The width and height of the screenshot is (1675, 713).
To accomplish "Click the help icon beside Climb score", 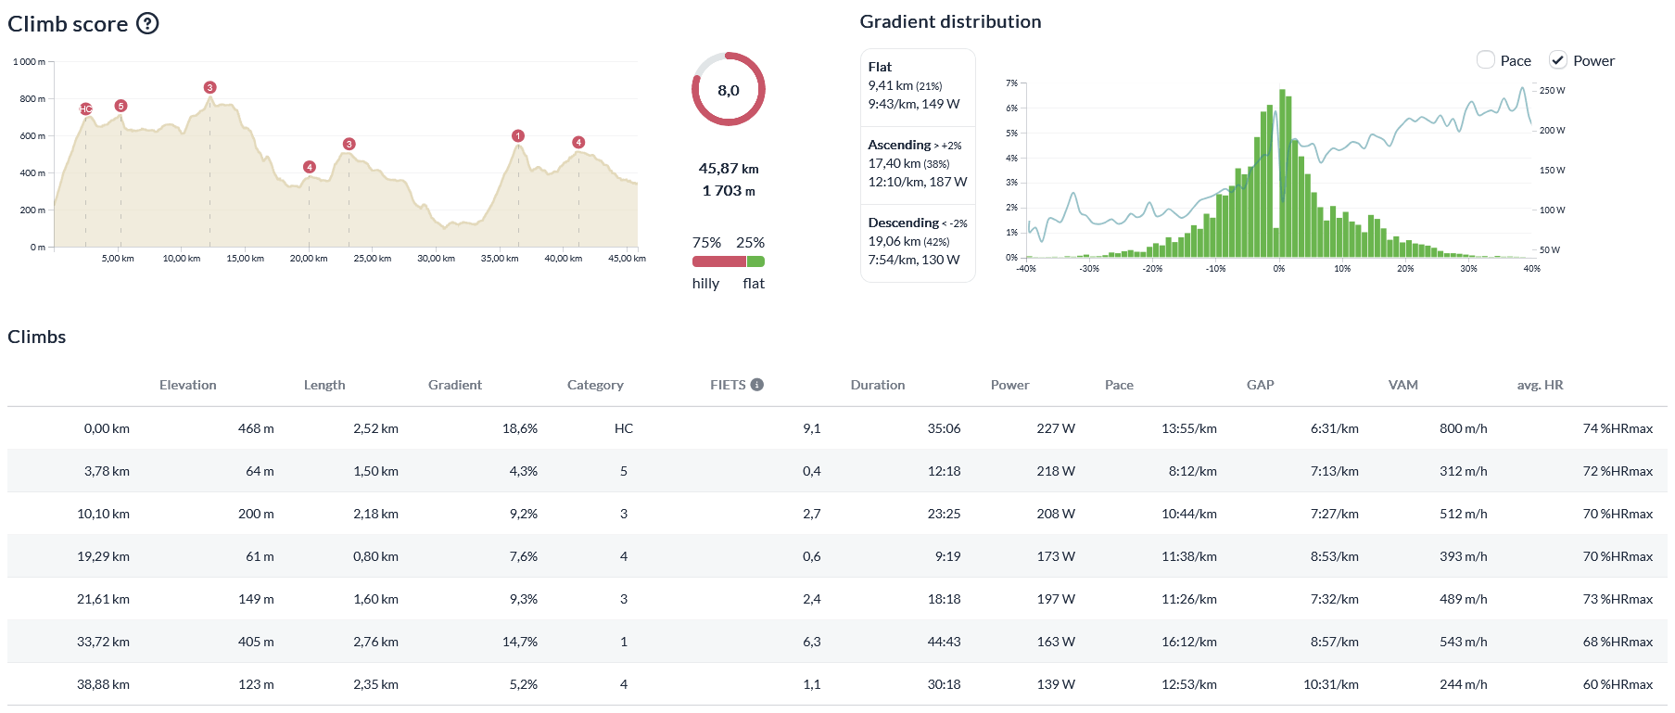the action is coord(147,23).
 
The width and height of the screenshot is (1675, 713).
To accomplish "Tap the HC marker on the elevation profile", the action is coord(85,109).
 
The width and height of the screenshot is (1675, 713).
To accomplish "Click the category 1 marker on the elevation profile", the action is coord(518,136).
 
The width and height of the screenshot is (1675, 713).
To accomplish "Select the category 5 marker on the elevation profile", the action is coord(121,106).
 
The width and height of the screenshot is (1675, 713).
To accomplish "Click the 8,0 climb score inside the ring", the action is coord(729,90).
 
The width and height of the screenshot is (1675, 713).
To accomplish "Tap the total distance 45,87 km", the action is coord(729,169).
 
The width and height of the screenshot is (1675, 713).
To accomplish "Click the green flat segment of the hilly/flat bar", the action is coord(755,261).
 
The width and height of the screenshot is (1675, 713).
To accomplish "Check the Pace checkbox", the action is coord(1485,60).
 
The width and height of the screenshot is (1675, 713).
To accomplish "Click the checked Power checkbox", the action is coord(1558,60).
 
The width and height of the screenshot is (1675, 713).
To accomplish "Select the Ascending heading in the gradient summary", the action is coord(899,145).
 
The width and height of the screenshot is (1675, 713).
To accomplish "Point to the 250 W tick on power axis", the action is coord(1552,91).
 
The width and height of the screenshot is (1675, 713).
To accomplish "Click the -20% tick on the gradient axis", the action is coord(1152,269).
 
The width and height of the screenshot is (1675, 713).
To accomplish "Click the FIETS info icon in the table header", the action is coord(757,385).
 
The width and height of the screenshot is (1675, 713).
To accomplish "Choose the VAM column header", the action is coord(1402,385).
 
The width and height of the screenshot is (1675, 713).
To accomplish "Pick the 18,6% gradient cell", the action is coord(520,428).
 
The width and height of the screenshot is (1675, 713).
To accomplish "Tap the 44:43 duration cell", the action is coord(944,642).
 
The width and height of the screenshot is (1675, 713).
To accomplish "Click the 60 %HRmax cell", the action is coord(1618,684).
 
